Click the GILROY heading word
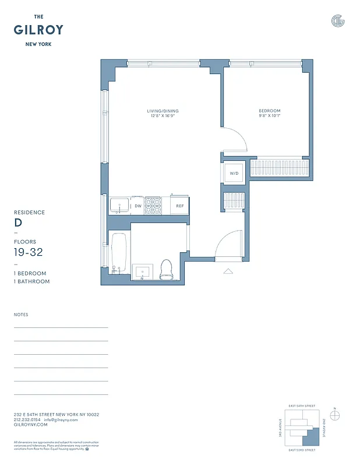coord(38,30)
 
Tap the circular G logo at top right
coord(338,21)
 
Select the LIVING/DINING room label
coord(163,111)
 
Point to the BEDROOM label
coord(270,111)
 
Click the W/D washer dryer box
coord(235,174)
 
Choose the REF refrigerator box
coord(180,206)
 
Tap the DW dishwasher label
coord(138,206)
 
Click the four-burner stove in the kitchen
coord(153,205)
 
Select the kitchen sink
coord(120,206)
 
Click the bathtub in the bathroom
coord(118,253)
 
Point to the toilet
coord(167,269)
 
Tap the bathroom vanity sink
coord(142,271)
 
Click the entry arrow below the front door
coord(228,271)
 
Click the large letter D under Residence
coord(18,223)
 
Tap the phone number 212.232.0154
coord(27,419)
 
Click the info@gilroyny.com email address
coord(61,419)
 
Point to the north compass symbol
coord(334,415)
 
